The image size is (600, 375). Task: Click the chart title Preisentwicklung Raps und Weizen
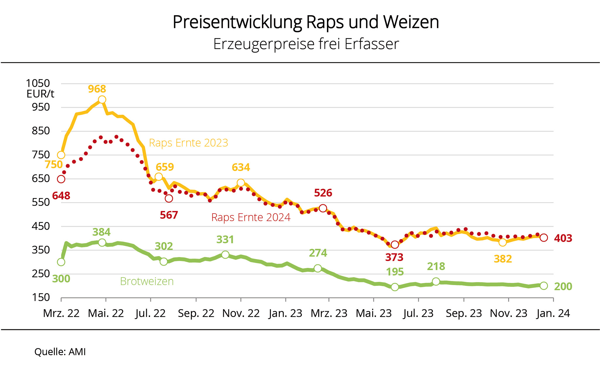click(x=306, y=22)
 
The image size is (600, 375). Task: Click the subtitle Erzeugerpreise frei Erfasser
click(x=306, y=44)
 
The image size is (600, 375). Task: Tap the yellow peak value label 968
click(x=97, y=89)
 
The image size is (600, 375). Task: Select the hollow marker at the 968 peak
click(x=102, y=100)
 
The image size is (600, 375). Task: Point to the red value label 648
click(x=61, y=196)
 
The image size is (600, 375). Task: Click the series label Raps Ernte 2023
click(x=188, y=143)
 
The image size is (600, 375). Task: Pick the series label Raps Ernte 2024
click(x=251, y=217)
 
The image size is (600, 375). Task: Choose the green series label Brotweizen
click(x=147, y=281)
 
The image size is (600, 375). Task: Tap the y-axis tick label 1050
click(x=38, y=83)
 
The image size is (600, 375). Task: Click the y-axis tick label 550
click(x=41, y=202)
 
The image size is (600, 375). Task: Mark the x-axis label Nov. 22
click(x=241, y=313)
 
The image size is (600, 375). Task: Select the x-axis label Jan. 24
click(x=553, y=313)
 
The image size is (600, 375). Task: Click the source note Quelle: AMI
click(x=60, y=352)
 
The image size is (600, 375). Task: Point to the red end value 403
click(x=563, y=238)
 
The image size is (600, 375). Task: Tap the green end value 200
click(x=563, y=286)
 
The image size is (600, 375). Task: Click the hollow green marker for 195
click(x=395, y=287)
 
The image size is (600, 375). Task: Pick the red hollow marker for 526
click(x=323, y=208)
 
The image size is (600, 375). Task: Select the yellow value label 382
click(x=503, y=259)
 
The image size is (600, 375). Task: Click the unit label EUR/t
click(x=40, y=94)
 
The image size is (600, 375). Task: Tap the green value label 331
click(x=225, y=240)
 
